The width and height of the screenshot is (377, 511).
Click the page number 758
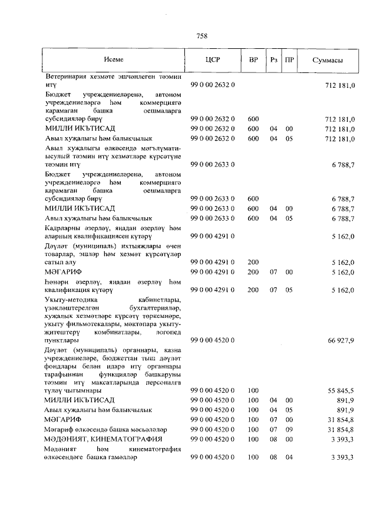201,36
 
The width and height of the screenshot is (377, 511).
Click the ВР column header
253,61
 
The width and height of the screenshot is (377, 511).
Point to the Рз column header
273,61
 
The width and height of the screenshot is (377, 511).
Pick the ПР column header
289,61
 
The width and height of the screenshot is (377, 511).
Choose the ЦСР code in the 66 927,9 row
213,340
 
